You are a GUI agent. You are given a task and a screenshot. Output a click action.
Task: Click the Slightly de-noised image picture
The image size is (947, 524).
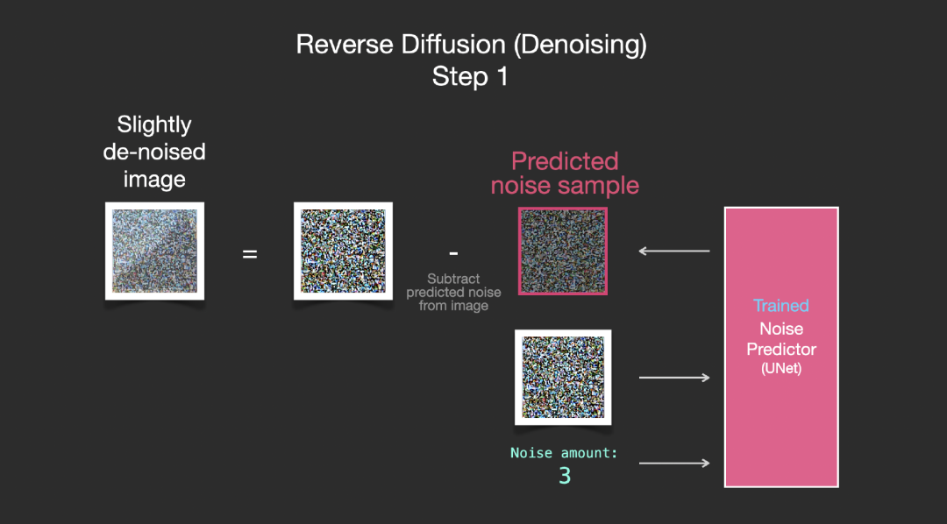pyautogui.click(x=154, y=251)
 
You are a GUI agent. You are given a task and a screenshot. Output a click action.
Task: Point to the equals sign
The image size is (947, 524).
pyautogui.click(x=250, y=254)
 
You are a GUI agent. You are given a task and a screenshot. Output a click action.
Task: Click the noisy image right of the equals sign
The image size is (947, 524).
pyautogui.click(x=343, y=251)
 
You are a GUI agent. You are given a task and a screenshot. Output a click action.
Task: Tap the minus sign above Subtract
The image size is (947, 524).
pyautogui.click(x=453, y=253)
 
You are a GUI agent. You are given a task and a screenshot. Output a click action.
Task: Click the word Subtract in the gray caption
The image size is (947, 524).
pyautogui.click(x=453, y=279)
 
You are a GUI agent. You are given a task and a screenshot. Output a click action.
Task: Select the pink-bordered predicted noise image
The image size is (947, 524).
pyautogui.click(x=563, y=251)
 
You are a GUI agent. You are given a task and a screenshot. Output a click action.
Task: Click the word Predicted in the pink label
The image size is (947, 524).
pyautogui.click(x=565, y=161)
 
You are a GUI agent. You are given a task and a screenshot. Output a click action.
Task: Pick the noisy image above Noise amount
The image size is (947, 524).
pyautogui.click(x=563, y=378)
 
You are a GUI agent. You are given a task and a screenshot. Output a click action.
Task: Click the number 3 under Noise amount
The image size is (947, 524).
pyautogui.click(x=564, y=476)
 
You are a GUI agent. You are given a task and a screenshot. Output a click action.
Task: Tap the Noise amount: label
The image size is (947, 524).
pyautogui.click(x=564, y=453)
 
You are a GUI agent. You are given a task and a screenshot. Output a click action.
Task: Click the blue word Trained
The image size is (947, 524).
pyautogui.click(x=781, y=306)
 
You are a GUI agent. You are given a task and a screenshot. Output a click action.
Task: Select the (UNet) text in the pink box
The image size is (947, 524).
pyautogui.click(x=781, y=368)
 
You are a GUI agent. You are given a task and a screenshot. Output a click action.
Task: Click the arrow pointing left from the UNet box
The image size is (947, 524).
pyautogui.click(x=674, y=251)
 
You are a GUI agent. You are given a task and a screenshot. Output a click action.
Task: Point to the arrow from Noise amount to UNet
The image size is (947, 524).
pyautogui.click(x=674, y=463)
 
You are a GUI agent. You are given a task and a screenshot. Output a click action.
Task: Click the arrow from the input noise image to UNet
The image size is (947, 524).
pyautogui.click(x=674, y=378)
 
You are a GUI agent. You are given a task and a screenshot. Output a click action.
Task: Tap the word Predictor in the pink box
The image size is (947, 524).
pyautogui.click(x=781, y=349)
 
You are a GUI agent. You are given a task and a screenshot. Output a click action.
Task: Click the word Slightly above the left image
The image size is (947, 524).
pyautogui.click(x=154, y=125)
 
